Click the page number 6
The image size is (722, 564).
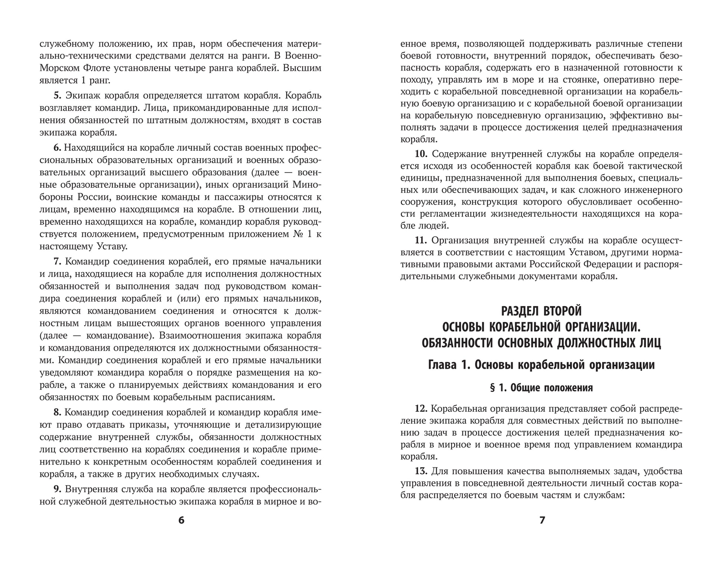point(181,520)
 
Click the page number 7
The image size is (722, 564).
point(542,520)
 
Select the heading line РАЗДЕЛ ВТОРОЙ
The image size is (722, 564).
point(541,311)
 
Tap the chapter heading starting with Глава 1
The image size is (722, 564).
point(541,365)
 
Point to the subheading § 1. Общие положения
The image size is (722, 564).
point(541,388)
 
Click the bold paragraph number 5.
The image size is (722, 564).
point(58,96)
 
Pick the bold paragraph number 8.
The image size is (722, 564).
point(57,412)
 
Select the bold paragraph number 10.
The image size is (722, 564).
point(421,154)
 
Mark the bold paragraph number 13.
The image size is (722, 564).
point(421,471)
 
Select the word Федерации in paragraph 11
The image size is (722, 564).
point(610,265)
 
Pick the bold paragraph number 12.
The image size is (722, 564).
point(421,409)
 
